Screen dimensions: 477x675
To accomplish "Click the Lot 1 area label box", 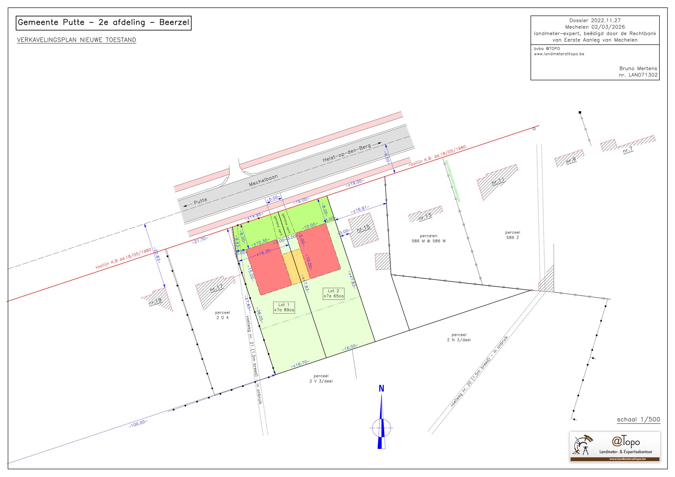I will tap(284, 308).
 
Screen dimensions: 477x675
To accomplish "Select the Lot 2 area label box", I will tap(333, 293).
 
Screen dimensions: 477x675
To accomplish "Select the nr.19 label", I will tap(155, 301).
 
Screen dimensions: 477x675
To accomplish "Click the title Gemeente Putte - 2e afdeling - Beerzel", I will tap(103, 23).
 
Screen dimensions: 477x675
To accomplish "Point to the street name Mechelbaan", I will tap(263, 181).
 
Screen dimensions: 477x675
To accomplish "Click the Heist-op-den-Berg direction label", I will tap(347, 153).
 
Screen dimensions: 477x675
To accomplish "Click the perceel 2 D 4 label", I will tap(223, 315).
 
